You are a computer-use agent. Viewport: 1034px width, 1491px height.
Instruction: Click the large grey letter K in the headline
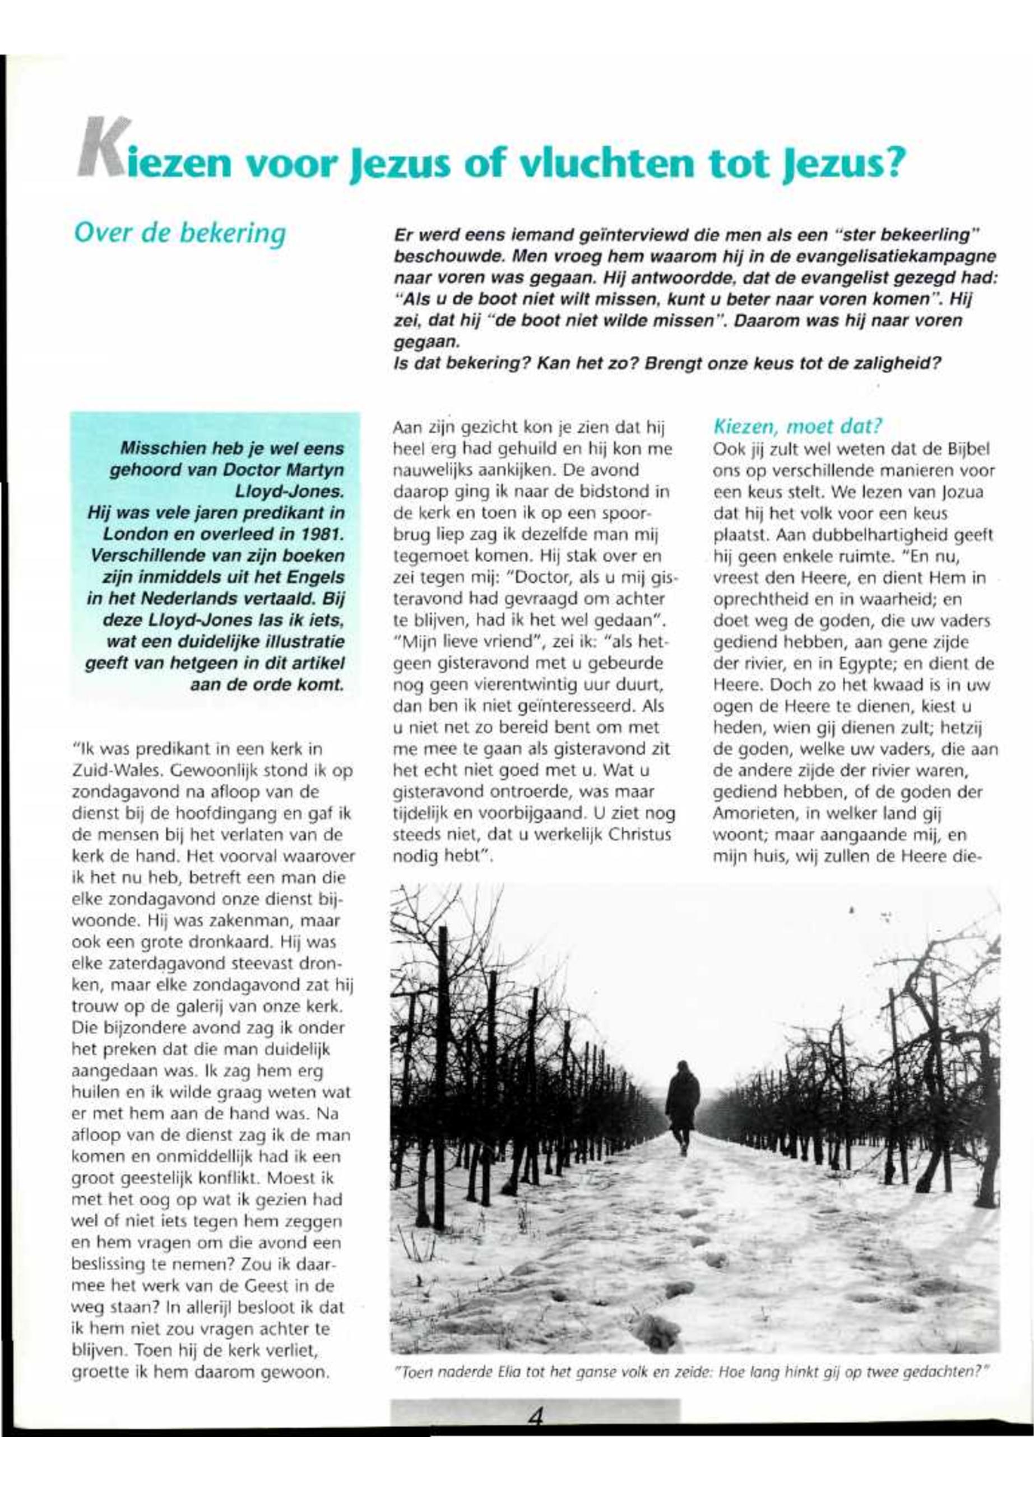coord(104,149)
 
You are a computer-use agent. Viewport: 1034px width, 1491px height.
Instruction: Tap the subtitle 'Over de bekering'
coord(179,233)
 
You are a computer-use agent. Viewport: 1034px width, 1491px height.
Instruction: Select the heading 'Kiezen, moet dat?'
coord(797,427)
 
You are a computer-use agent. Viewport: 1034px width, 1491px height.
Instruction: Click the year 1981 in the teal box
coord(321,534)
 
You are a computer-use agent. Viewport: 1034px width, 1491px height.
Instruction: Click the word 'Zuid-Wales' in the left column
coord(105,771)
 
